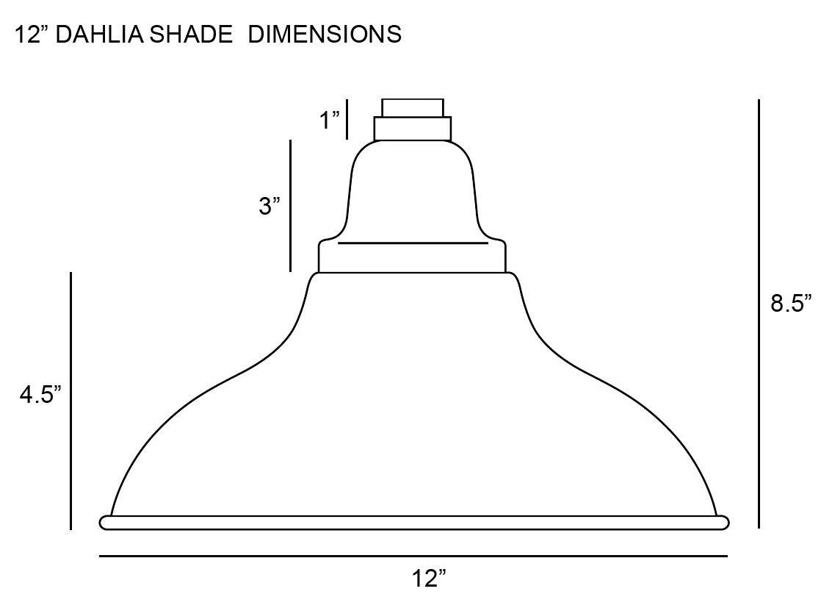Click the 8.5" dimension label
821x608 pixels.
pos(791,303)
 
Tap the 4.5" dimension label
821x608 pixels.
pos(40,395)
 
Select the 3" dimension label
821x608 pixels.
pos(270,206)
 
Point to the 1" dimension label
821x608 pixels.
pos(330,120)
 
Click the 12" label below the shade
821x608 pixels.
pos(429,579)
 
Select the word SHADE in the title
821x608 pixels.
pos(191,35)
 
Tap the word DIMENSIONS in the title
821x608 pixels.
pos(325,35)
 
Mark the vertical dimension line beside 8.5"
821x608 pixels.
pos(759,313)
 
